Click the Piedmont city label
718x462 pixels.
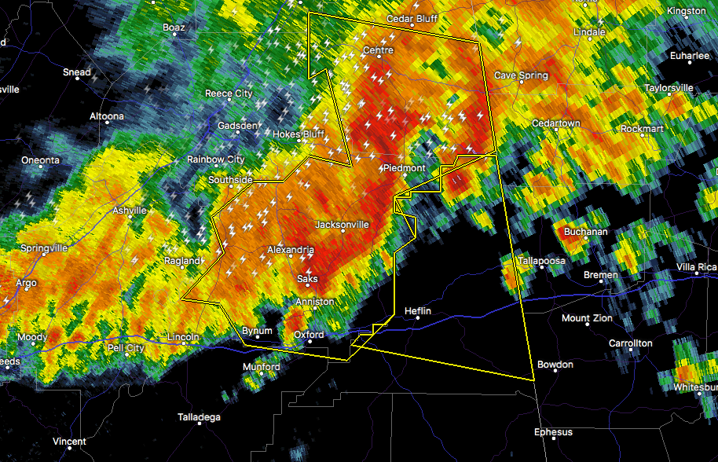click(x=404, y=168)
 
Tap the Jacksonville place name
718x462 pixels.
click(x=342, y=224)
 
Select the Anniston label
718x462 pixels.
click(x=314, y=302)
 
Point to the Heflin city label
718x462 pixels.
click(x=418, y=310)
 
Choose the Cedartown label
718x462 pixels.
click(x=555, y=123)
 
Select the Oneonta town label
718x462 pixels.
click(x=40, y=160)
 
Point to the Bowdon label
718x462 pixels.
click(x=555, y=365)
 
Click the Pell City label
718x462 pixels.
click(x=126, y=347)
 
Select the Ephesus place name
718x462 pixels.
click(x=554, y=432)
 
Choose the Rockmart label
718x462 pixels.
click(x=642, y=128)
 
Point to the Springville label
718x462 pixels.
click(x=44, y=248)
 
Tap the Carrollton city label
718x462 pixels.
click(x=631, y=343)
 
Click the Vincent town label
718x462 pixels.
click(x=69, y=442)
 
